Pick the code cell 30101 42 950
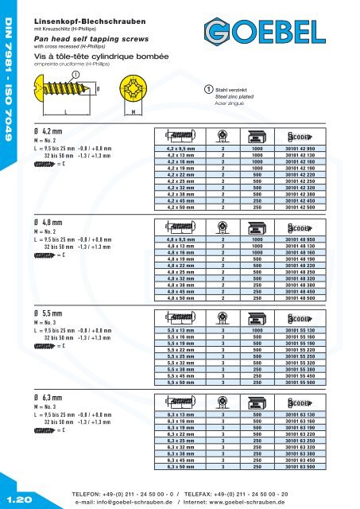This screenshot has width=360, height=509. [303, 148]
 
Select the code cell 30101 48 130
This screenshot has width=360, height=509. [303, 247]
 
